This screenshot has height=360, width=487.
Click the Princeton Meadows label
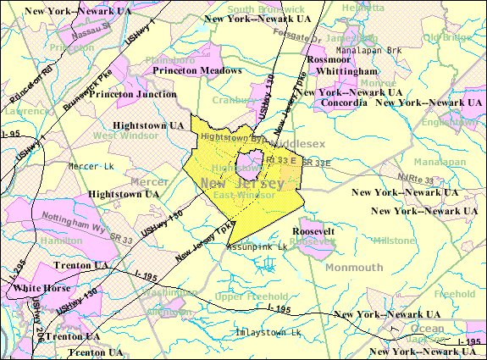196,71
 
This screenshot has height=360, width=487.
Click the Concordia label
344,102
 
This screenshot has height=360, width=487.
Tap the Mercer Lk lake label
91,165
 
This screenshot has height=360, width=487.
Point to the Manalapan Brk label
370,51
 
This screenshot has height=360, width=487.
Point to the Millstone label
394,241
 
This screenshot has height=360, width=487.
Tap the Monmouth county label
355,268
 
